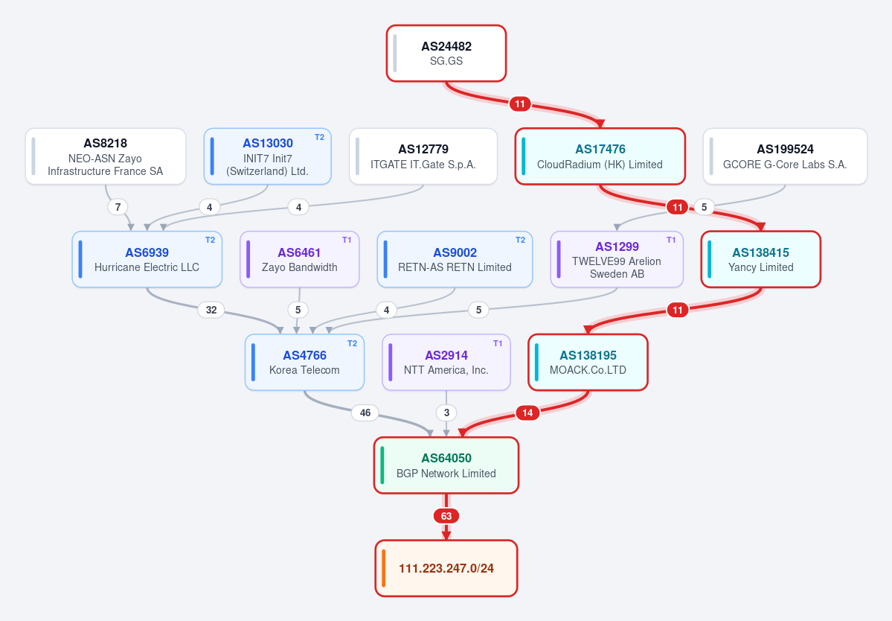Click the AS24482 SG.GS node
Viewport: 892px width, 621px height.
(x=446, y=53)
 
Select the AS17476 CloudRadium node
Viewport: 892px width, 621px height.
(x=600, y=156)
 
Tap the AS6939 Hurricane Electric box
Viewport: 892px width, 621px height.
(x=147, y=260)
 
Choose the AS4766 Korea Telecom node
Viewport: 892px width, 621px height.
(x=304, y=362)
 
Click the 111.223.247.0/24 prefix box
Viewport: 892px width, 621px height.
(x=446, y=568)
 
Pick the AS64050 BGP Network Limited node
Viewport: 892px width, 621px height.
(x=446, y=465)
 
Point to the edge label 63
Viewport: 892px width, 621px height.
(x=446, y=516)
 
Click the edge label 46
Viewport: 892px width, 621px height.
(x=365, y=413)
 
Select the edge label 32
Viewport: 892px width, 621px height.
(x=211, y=310)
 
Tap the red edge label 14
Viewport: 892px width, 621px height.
(x=527, y=413)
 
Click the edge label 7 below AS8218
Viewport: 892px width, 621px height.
(x=118, y=206)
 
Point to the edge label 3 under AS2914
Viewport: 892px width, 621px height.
(x=446, y=413)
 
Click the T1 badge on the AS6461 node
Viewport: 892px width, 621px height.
(x=347, y=241)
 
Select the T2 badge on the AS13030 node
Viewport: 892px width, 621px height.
(x=319, y=137)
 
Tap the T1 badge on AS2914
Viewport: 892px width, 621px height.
(x=498, y=343)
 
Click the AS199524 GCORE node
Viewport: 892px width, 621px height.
(x=785, y=156)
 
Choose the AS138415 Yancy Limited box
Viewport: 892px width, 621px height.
(x=760, y=260)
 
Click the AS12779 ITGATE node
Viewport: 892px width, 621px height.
(x=423, y=156)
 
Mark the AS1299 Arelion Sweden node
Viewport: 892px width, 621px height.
(x=617, y=260)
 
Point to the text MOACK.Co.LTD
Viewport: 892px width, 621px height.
(x=588, y=370)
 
